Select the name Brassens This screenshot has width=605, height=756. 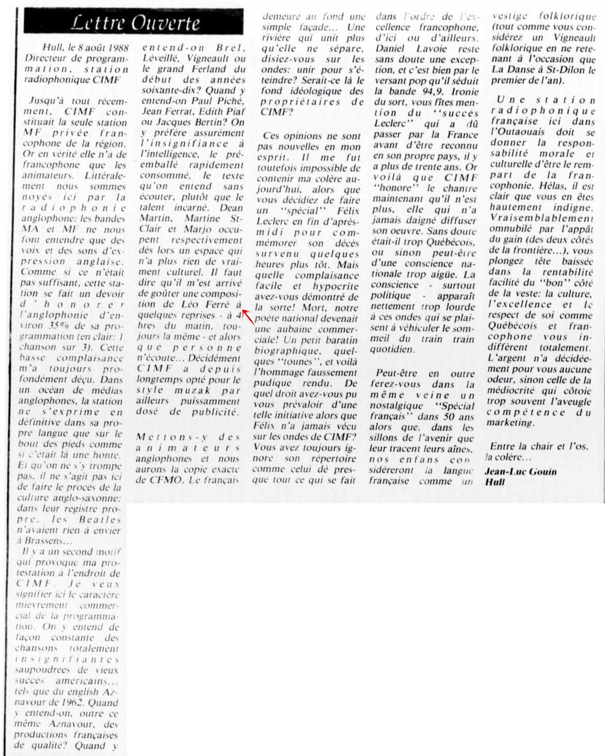tap(43, 541)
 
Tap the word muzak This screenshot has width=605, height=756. tap(192, 390)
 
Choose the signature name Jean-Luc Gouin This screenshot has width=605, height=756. tap(520, 471)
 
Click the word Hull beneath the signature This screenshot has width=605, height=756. tap(495, 482)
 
